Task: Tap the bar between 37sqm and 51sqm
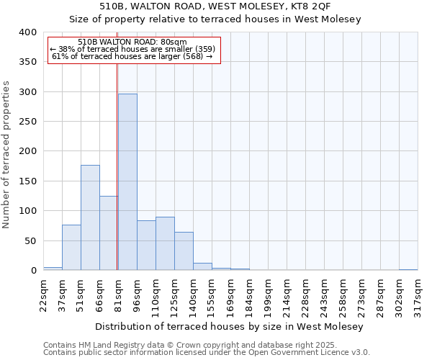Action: [71, 248]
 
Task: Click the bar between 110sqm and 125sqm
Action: [165, 243]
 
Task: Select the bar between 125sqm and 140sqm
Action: [184, 251]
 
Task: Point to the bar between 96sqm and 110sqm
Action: [146, 246]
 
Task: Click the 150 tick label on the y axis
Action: [27, 181]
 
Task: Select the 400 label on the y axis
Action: [27, 32]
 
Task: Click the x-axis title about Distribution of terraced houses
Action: [230, 326]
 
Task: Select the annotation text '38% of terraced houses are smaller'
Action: [132, 49]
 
